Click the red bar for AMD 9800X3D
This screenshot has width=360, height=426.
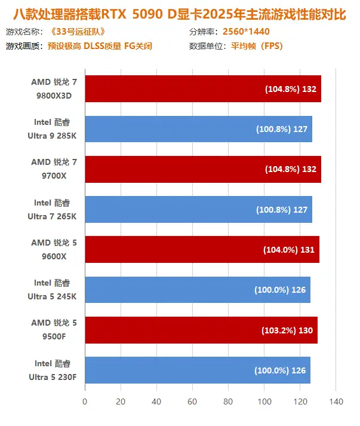pos(203,89)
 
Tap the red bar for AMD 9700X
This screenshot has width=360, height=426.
pos(203,169)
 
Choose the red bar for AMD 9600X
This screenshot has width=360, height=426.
pos(202,250)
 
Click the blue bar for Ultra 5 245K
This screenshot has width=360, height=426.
pos(197,290)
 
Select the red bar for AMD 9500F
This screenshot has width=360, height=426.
pos(201,330)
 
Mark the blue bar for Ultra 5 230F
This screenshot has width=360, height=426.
pos(197,370)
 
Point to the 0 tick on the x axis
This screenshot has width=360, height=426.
pos(85,402)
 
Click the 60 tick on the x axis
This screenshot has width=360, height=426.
pos(192,402)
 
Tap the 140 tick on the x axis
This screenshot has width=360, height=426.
pos(336,402)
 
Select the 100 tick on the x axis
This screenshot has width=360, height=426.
pos(264,402)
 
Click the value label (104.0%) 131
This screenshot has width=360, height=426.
pos(288,250)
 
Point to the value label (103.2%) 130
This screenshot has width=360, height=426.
pos(287,330)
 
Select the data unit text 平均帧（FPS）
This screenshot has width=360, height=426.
pos(253,45)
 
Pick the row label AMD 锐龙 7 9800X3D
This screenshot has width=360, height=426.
pos(54,89)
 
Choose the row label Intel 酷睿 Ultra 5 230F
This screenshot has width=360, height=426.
pos(54,370)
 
